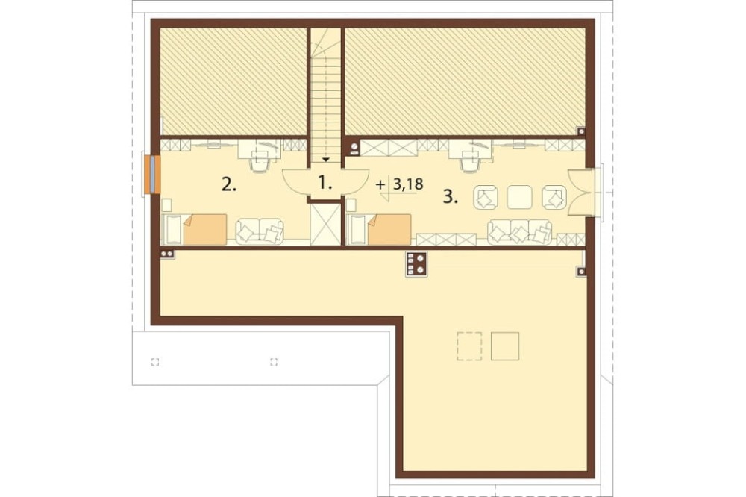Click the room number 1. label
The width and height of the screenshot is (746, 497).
(325, 182)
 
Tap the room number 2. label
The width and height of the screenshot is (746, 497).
(229, 185)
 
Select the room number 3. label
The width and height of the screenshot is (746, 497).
(451, 197)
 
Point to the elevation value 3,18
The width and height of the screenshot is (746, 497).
(408, 184)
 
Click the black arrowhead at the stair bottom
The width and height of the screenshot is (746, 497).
(327, 160)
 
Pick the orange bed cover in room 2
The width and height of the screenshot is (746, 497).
(205, 229)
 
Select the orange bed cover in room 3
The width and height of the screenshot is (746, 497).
(389, 229)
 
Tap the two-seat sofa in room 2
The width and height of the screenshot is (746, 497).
(260, 231)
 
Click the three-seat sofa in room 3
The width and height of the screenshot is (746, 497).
(520, 231)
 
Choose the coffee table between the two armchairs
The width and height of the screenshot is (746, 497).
(519, 197)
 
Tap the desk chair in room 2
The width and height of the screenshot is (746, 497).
(260, 163)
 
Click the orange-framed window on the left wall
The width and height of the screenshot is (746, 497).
(151, 175)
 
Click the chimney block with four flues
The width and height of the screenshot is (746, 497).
(416, 264)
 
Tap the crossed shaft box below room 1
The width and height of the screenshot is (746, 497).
(325, 224)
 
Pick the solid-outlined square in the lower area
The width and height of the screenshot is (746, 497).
(505, 346)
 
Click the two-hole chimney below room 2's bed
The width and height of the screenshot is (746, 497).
(167, 254)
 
